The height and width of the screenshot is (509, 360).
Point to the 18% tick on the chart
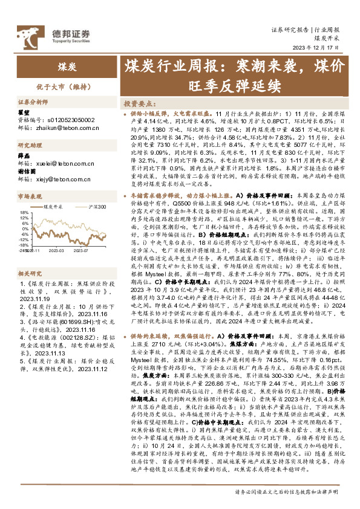click(x=24, y=212)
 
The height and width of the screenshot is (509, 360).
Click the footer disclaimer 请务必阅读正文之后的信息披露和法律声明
click(x=284, y=491)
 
